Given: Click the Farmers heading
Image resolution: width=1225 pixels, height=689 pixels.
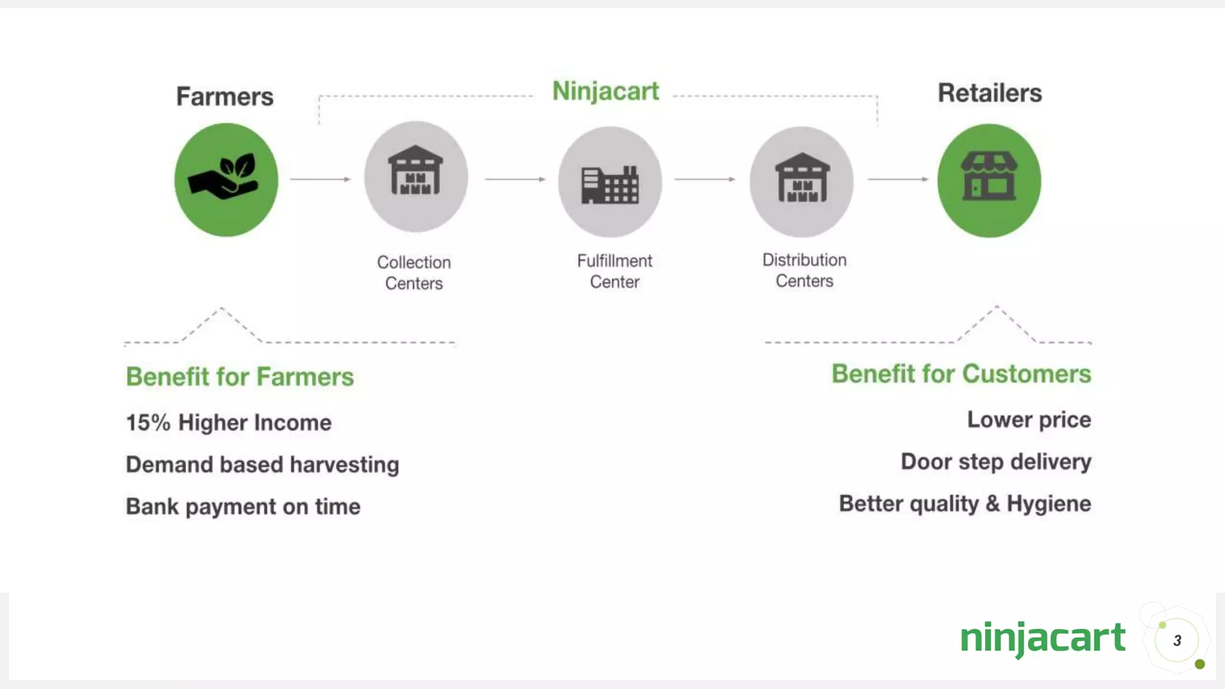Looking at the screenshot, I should point(224,96).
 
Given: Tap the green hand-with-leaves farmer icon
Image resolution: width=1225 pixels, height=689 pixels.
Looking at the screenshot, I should point(226,179).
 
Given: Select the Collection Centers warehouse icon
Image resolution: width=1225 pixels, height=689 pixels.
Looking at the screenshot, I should point(416,177).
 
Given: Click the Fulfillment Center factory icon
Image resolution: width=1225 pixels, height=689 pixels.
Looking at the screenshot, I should point(610,182).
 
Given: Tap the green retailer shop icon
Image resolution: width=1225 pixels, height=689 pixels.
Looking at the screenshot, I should point(989,181).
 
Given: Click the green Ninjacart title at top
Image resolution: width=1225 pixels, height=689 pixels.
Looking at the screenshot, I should point(605,92).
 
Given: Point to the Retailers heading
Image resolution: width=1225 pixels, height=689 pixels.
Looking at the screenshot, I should point(989,93).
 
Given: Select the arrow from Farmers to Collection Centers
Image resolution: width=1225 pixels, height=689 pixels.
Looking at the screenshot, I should point(321,179).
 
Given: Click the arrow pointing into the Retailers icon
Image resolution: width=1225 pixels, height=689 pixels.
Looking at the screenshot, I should point(898,179).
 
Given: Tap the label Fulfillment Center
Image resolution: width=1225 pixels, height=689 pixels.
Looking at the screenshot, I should point(614,271).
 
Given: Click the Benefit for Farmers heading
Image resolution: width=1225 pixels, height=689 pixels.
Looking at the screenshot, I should point(240,377).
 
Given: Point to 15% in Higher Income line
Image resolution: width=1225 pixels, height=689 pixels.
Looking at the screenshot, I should point(148,423).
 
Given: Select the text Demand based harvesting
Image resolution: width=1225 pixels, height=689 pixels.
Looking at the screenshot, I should point(263,465).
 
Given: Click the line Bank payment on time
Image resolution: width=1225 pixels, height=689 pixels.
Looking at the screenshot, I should point(243,507).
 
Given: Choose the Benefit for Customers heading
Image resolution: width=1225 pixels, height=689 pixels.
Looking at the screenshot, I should point(961,374).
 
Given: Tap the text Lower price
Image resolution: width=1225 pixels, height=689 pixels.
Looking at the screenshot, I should point(1029,420).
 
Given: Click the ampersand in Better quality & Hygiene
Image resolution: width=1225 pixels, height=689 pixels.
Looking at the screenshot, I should point(992,504).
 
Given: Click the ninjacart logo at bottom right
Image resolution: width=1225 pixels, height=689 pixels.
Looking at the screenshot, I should point(1043,638).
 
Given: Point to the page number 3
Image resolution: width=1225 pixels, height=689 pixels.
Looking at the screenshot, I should point(1177,641).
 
